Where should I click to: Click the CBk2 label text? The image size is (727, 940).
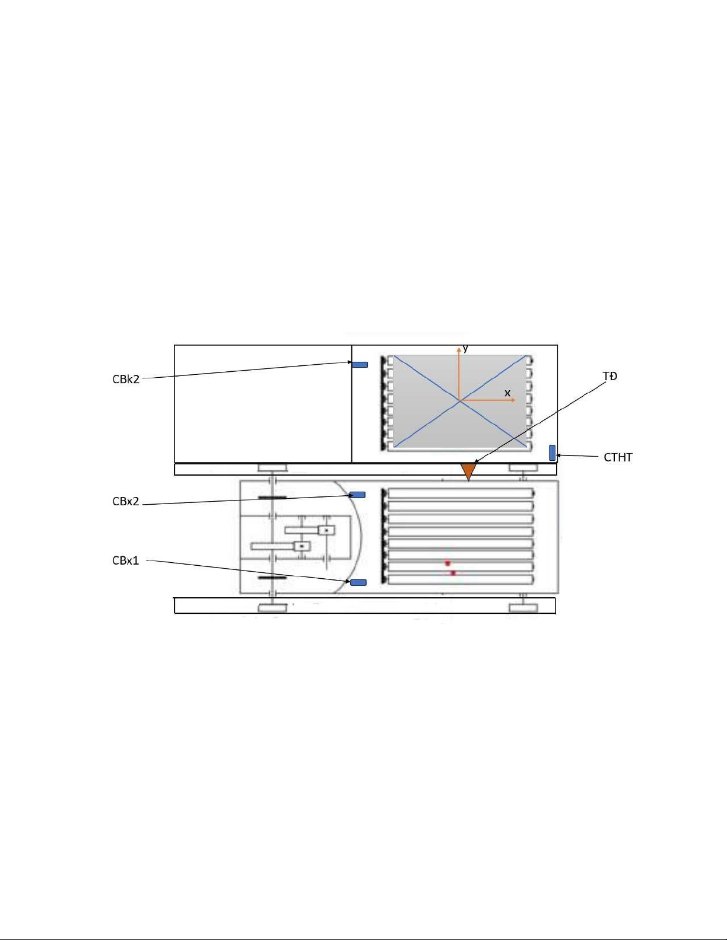click(126, 380)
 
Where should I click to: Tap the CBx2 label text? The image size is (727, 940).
click(126, 501)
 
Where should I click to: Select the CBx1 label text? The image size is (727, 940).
click(125, 560)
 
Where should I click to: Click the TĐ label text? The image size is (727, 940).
click(610, 377)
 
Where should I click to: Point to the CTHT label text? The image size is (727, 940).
click(618, 457)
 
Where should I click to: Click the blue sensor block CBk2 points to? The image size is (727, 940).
click(360, 365)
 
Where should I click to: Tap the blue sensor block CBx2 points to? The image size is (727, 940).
click(357, 495)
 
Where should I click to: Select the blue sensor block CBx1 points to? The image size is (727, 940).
click(358, 582)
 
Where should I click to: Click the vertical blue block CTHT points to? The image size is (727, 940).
click(552, 453)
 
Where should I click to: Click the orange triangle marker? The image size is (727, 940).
click(469, 471)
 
